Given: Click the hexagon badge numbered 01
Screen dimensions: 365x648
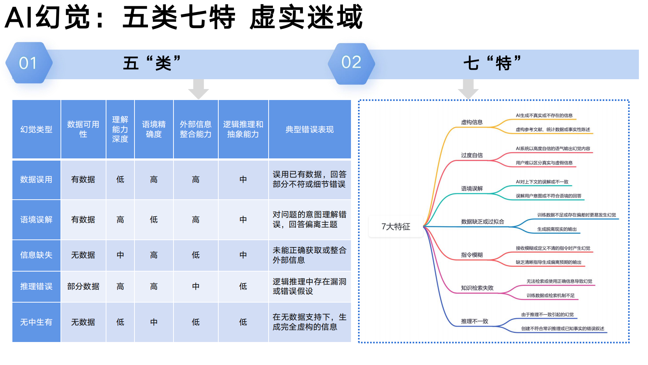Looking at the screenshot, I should point(28,63).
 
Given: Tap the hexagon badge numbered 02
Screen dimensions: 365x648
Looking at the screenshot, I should point(351,63).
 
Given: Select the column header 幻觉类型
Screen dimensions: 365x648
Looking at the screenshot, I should point(36,130).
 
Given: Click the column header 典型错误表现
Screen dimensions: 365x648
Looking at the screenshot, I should point(309,130).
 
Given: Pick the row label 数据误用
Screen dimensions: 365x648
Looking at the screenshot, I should point(36,180).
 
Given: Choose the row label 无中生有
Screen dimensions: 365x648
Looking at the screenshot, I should point(36,322).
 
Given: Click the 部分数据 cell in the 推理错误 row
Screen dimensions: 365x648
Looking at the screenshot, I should point(83,287).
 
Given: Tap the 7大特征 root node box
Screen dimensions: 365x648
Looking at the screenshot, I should point(396,227).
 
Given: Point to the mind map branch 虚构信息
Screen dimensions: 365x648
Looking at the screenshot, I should point(472,122).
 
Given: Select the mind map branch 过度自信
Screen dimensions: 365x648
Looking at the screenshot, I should point(472,155).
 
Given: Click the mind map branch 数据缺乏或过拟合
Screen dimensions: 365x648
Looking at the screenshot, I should point(483,222).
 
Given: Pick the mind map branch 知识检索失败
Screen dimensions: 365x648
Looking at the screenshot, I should point(477,288).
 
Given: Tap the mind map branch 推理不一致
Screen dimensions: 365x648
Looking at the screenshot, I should point(475,321).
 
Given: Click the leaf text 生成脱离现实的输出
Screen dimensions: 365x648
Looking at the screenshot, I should point(557,229).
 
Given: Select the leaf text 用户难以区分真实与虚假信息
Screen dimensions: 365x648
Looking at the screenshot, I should point(544,163).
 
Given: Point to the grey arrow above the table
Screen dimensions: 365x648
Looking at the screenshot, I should point(198,89).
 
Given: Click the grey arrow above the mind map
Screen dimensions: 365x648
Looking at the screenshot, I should point(468,89).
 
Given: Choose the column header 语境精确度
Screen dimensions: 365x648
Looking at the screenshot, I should point(154,130).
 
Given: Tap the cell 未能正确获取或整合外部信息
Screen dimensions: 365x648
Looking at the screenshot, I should point(309,255).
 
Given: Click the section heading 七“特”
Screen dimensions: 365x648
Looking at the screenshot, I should point(492,63).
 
